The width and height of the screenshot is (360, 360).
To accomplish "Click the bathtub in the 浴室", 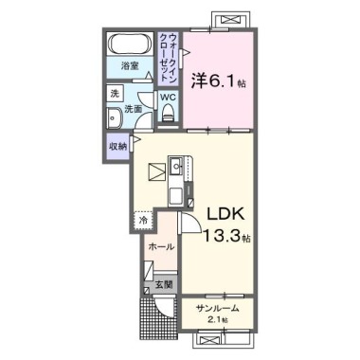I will tap(129, 44).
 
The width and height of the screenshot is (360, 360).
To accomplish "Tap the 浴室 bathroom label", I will tap(130, 66).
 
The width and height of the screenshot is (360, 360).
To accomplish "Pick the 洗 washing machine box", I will tap(114, 94).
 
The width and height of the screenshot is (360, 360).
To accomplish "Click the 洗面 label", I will tap(134, 109).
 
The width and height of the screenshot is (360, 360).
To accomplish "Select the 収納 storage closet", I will tap(118, 146).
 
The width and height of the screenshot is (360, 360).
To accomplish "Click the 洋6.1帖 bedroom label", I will tap(218, 81).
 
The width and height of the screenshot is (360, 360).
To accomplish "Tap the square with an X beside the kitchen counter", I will tap(154, 173).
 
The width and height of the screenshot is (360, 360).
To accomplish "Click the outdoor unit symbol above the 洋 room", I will tap(229, 19).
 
